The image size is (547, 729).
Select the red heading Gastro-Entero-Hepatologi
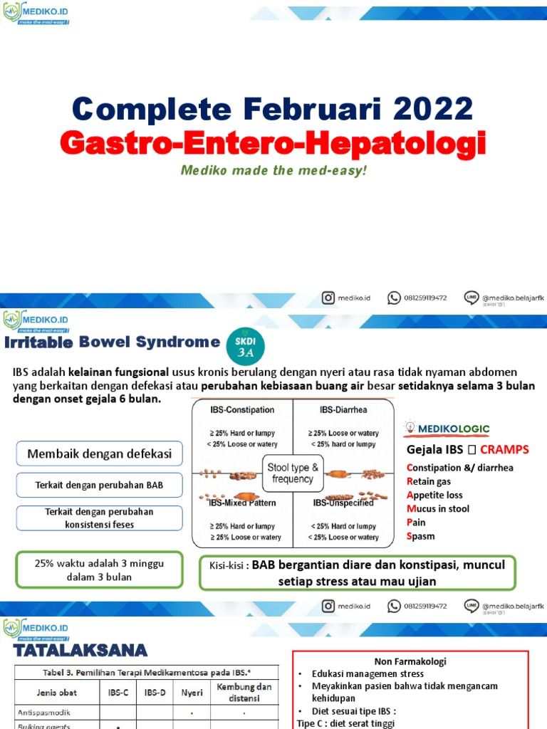tap(273, 143)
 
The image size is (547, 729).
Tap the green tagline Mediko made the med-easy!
tap(273, 171)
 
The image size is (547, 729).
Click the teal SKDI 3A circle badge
tap(245, 345)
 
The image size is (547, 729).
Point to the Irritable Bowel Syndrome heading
tap(112, 342)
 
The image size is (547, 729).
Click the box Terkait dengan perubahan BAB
tap(99, 485)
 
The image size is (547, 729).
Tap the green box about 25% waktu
tap(99, 570)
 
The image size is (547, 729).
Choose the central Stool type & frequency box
tap(293, 473)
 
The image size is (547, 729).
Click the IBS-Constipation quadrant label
tap(242, 411)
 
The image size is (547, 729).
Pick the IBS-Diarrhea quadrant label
tap(343, 411)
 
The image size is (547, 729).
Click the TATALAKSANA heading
tap(80, 650)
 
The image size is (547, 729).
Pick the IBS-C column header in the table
tap(117, 691)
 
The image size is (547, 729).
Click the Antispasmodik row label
tap(44, 711)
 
